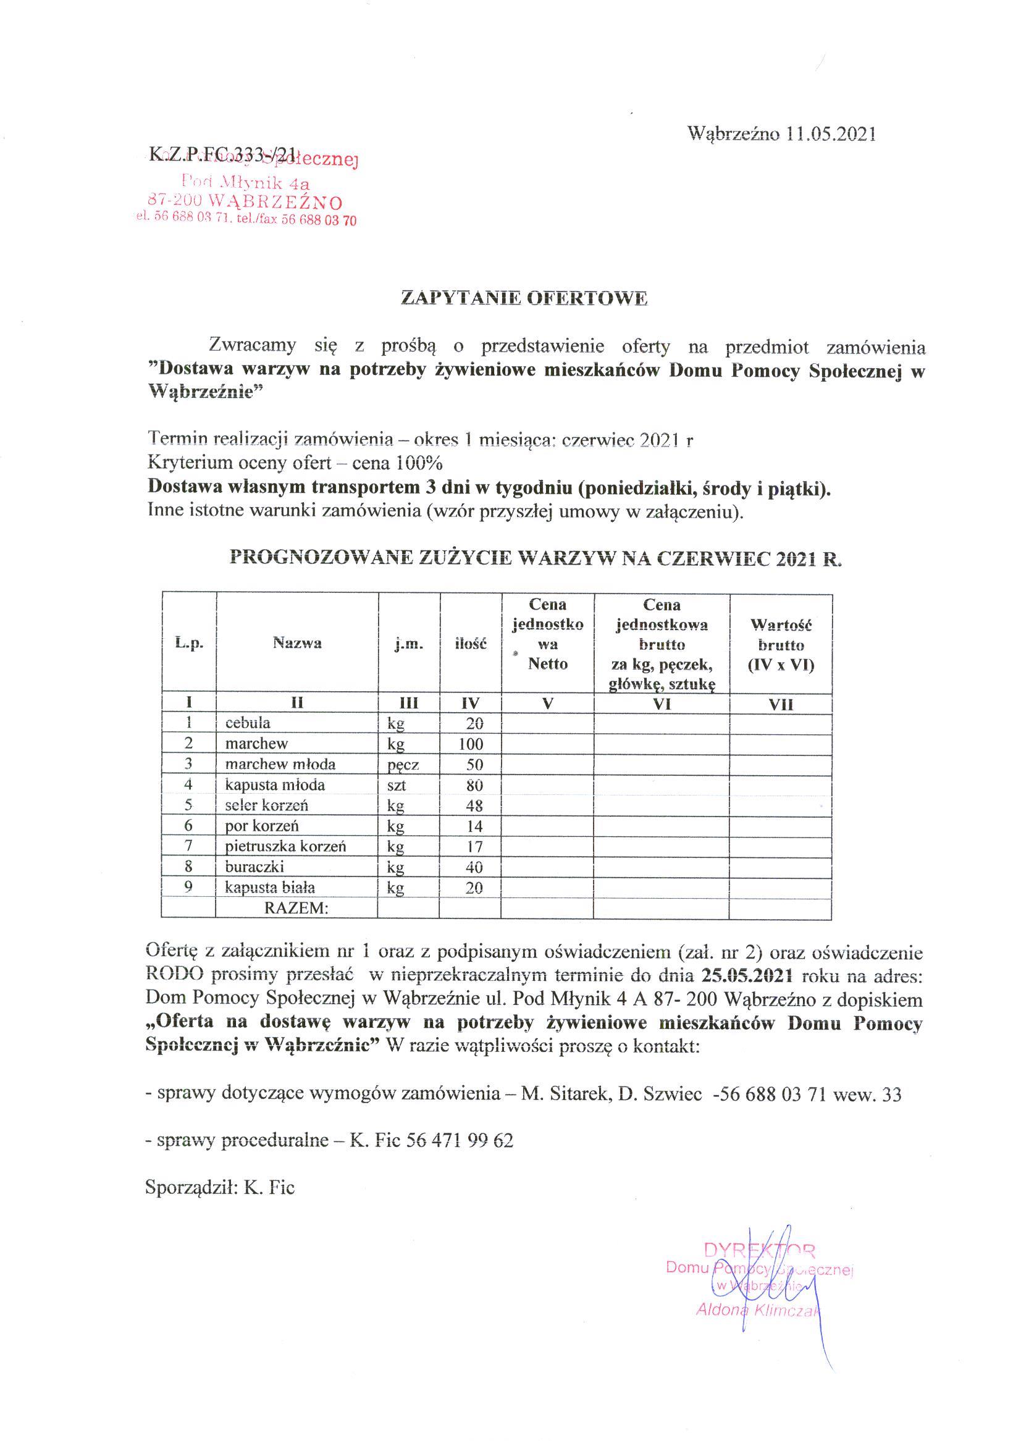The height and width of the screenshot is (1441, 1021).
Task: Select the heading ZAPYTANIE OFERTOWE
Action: coord(524,298)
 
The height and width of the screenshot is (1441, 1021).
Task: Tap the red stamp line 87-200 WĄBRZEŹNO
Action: coord(245,203)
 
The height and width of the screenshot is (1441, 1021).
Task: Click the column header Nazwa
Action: coord(296,643)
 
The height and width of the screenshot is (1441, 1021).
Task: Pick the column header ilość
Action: coord(470,644)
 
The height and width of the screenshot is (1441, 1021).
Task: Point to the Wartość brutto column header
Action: coord(781,644)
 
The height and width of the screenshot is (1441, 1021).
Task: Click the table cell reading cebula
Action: coord(248,723)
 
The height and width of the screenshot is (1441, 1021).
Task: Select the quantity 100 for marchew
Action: coord(470,744)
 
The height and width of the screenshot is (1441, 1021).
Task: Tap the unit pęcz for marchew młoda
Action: coord(403,765)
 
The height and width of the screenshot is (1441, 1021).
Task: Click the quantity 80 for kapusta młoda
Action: coord(474,785)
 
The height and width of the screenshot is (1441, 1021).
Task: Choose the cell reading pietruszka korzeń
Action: coord(285,846)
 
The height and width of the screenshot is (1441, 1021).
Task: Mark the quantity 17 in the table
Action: coord(474,847)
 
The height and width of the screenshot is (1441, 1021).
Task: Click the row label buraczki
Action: coord(254,867)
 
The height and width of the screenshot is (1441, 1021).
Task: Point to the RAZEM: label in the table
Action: coord(296,908)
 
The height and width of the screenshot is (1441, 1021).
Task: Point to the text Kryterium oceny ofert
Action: coord(240,463)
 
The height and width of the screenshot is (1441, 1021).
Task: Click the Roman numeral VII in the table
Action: coord(781,705)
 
